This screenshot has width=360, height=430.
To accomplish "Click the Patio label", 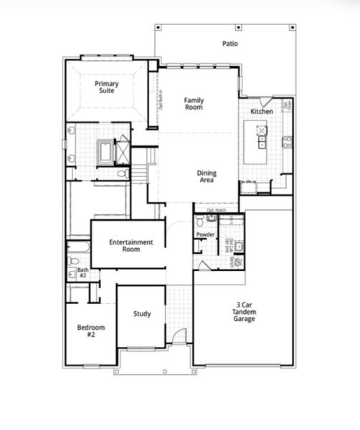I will [x=229, y=44].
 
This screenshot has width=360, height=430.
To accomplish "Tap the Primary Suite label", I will [x=107, y=87].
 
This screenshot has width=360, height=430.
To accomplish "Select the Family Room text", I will [x=193, y=103].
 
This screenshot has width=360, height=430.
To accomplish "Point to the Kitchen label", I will [x=261, y=113].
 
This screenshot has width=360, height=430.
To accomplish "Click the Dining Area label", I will [x=207, y=176].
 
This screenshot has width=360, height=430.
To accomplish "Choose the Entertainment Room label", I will [x=131, y=246].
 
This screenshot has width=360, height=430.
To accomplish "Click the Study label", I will [x=142, y=314].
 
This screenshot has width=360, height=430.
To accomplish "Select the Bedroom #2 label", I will [x=91, y=331].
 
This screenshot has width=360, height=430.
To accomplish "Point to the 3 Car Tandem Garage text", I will [x=242, y=312].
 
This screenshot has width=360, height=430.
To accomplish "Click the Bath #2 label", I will [x=82, y=273].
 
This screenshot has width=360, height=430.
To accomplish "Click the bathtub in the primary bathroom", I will [x=106, y=152].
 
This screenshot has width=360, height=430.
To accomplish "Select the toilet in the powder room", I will [x=211, y=218].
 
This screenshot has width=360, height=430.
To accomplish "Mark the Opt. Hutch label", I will [x=216, y=210].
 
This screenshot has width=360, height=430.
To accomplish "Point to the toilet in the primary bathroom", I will [x=122, y=173].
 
